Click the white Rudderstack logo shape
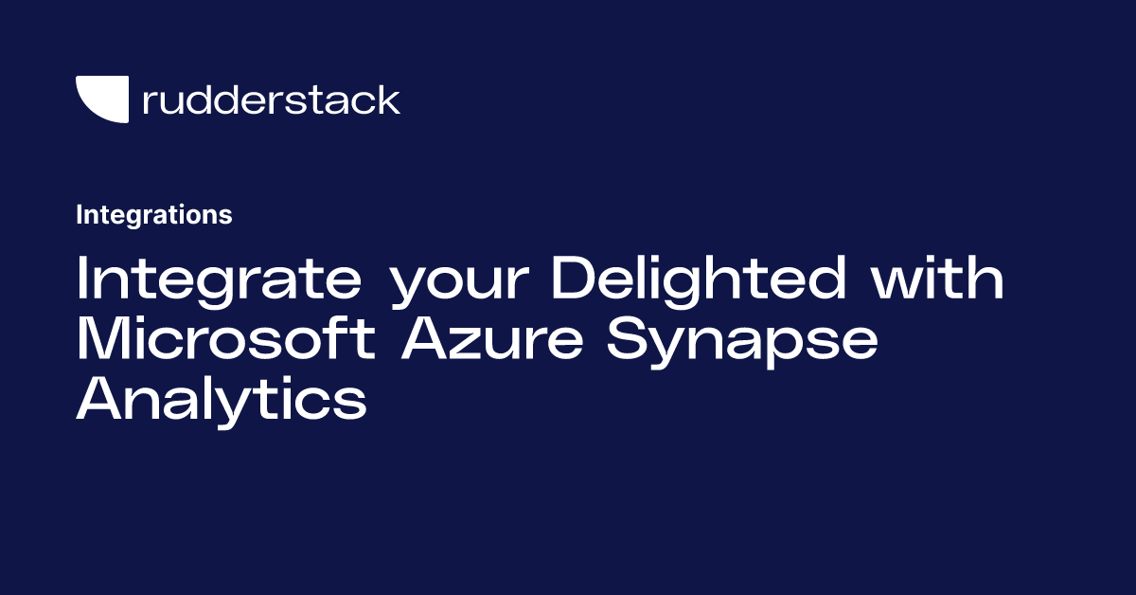coord(100,99)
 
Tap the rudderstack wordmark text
coord(271,99)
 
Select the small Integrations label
coord(153,215)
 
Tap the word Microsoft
coord(228,339)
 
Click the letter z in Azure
coord(470,343)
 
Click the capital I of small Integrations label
coord(79,215)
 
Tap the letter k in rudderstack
coord(389,99)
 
